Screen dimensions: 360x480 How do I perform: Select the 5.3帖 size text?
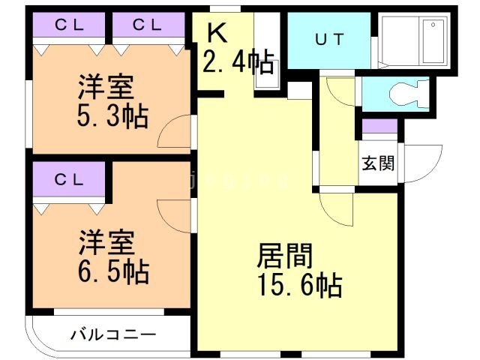tap(112, 117)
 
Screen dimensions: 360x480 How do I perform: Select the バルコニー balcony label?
tap(114, 334)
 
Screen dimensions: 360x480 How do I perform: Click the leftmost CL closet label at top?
tap(68, 25)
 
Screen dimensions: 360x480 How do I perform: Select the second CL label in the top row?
tap(147, 25)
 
